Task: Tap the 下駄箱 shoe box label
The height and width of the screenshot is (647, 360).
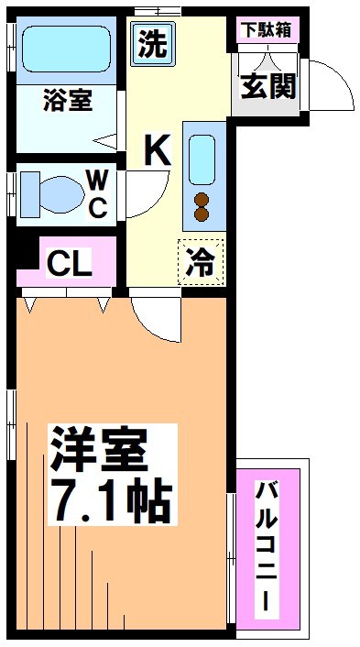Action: coord(266,28)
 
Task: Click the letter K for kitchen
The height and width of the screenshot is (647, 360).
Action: coord(157,149)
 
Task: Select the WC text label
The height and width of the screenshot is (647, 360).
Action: coord(97,192)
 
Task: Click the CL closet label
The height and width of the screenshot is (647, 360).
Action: coord(70,264)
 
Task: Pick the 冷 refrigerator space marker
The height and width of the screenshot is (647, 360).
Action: coord(201,262)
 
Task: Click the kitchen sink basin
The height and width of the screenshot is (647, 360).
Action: coord(202,159)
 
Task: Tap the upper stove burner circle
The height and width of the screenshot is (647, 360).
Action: coord(202,200)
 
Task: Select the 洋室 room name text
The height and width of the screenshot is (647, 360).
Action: coord(98,449)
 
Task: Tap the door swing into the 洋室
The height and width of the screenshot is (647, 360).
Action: coord(156,319)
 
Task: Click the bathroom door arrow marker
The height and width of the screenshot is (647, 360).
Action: coord(106,142)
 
